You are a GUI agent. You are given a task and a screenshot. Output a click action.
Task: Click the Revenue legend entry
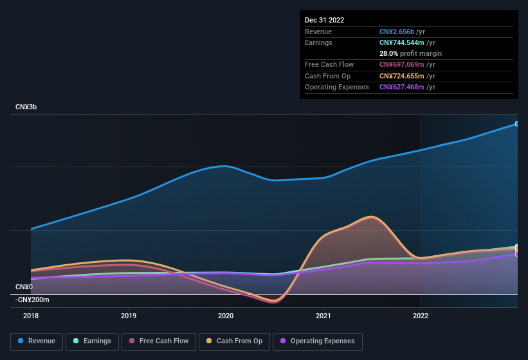click(37, 341)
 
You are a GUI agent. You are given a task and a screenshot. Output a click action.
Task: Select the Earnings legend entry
click(92, 341)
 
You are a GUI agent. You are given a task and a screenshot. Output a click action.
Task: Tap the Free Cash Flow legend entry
click(159, 341)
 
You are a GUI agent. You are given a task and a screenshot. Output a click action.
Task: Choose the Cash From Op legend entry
click(233, 341)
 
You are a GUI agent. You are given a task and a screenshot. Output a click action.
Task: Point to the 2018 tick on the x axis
click(31, 316)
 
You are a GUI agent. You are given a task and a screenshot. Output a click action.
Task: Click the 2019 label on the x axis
click(129, 316)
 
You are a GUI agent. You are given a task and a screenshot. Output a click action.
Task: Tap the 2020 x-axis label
click(226, 316)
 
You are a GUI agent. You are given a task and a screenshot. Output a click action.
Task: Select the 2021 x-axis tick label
click(323, 316)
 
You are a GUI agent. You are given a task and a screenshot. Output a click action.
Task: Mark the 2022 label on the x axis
click(421, 316)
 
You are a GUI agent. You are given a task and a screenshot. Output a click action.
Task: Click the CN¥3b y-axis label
click(26, 107)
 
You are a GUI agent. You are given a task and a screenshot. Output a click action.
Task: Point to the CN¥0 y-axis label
click(24, 287)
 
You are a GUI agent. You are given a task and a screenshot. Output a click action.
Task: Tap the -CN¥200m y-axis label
click(32, 300)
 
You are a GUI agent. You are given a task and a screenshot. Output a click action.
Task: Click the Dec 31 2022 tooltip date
click(325, 20)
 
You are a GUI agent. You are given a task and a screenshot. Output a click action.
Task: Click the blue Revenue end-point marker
click(516, 123)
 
